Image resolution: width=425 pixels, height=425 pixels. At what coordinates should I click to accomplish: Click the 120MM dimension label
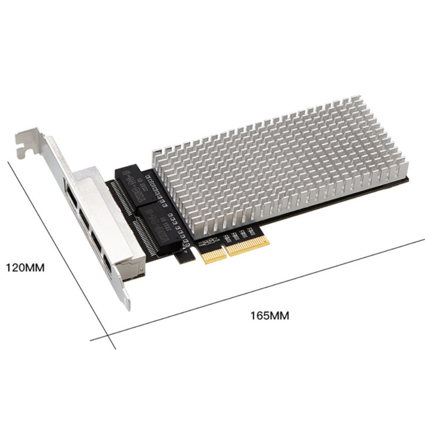coord(25,268)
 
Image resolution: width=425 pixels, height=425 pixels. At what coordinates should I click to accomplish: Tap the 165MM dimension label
coord(269,316)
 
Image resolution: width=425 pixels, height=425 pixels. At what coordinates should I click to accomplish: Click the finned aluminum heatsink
coord(280,166)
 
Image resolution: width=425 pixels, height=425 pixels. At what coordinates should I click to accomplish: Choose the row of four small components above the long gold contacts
coord(238,234)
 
